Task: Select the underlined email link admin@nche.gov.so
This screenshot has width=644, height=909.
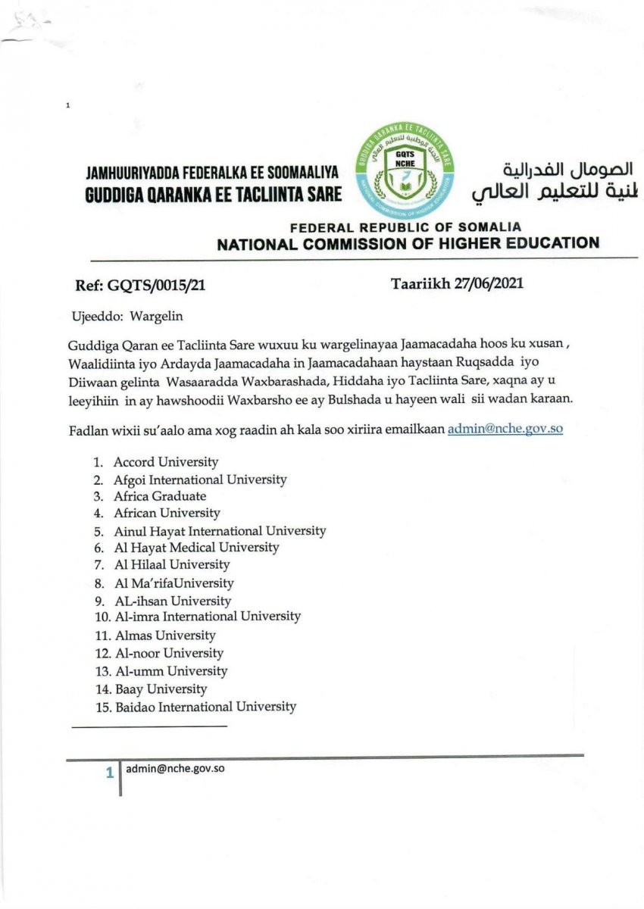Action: (505, 428)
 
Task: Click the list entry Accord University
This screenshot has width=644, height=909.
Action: (165, 461)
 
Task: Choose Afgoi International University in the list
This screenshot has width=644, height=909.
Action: (200, 479)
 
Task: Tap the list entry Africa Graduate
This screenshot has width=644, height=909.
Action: (160, 496)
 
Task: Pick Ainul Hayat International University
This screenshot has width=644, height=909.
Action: (220, 531)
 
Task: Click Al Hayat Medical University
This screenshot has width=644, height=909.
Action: (196, 547)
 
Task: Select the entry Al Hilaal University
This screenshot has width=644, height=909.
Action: (172, 564)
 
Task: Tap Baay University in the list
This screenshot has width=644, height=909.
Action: (161, 689)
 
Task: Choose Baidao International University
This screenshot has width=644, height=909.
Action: (205, 707)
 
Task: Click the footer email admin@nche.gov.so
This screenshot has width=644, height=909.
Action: (175, 769)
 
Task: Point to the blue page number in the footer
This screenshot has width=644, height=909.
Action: (110, 773)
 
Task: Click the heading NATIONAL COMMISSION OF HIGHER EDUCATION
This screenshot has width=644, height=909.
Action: (408, 244)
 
